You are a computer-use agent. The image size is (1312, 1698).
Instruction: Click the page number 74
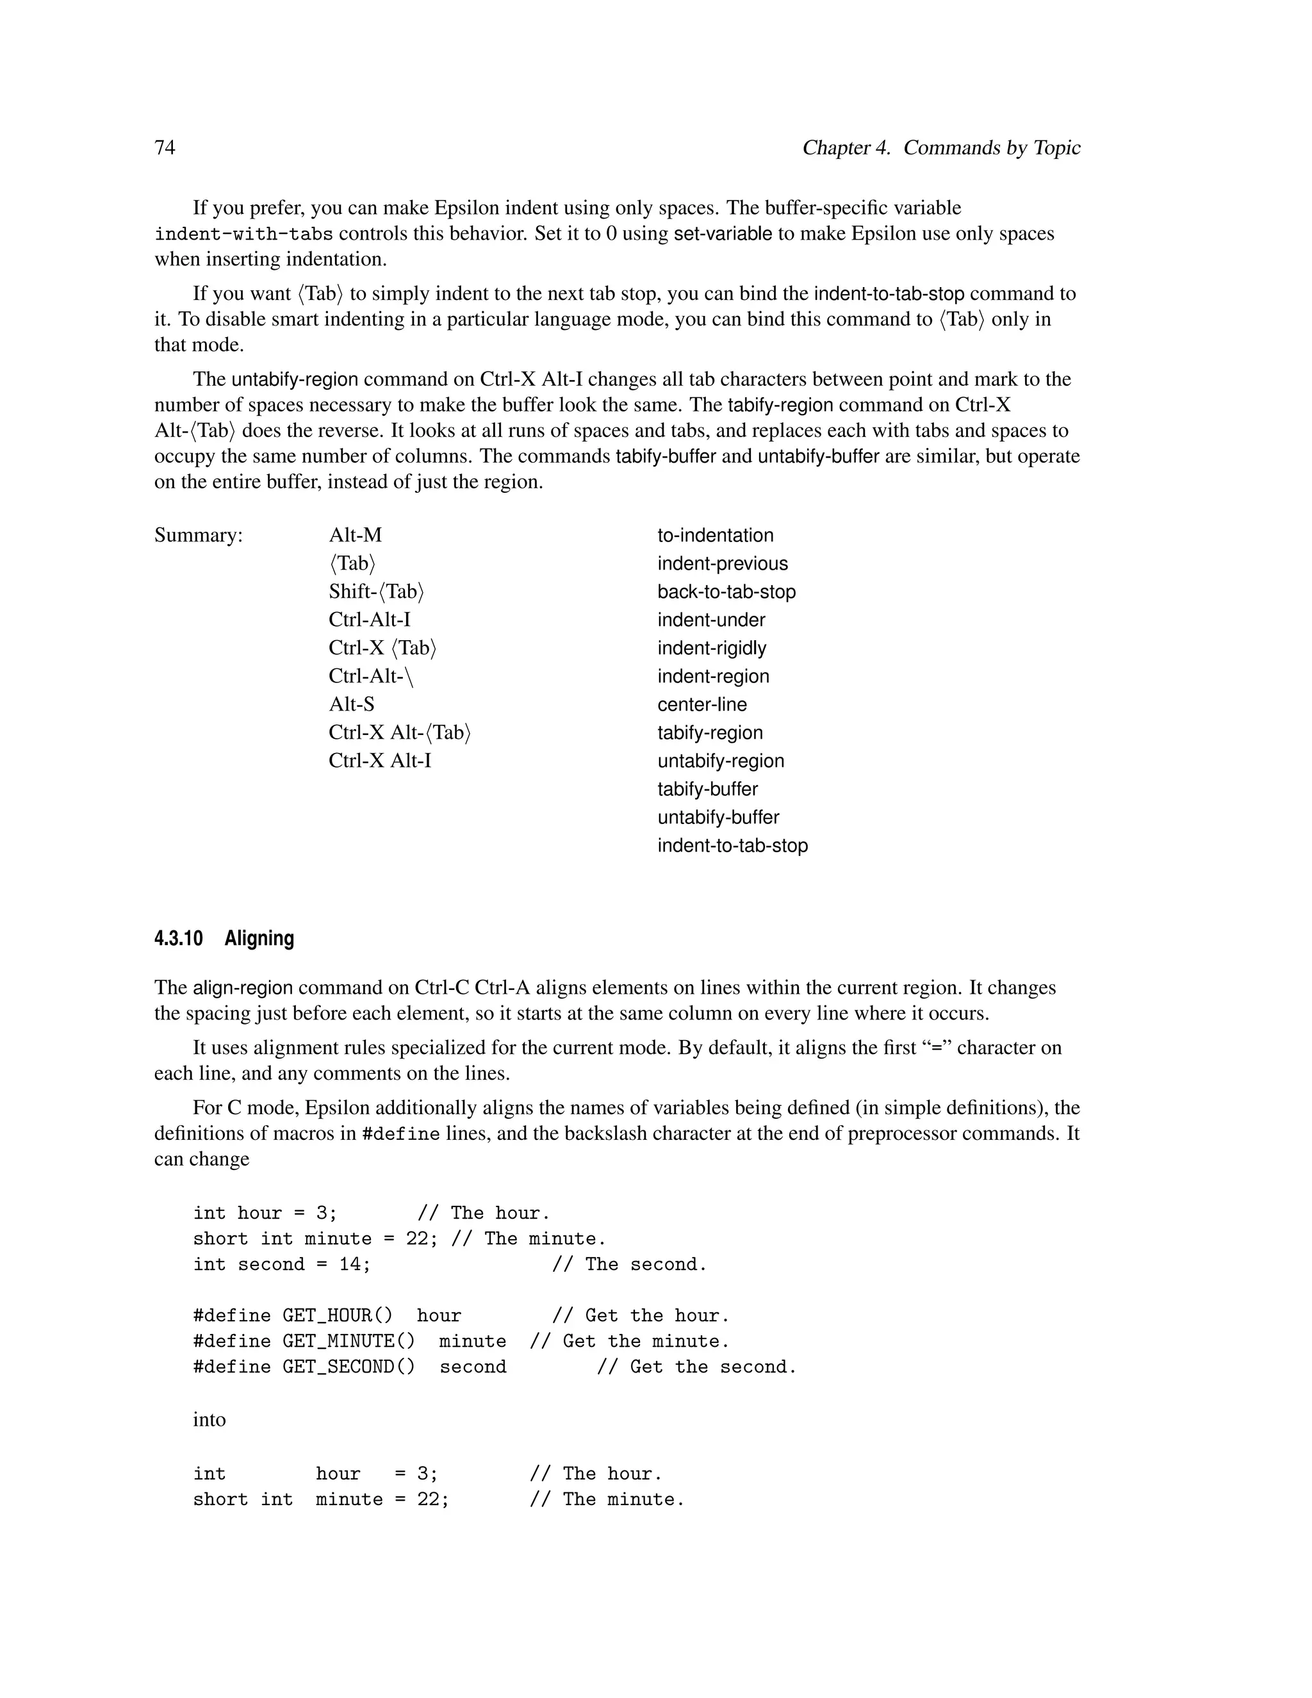(165, 148)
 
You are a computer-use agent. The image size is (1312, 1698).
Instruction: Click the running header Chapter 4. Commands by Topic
(940, 148)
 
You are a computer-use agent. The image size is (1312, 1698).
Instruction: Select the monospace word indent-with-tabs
(243, 234)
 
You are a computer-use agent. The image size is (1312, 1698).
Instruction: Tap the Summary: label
(198, 535)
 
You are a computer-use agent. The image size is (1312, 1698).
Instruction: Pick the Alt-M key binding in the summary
(355, 535)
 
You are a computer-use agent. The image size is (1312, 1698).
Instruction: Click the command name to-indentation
(715, 536)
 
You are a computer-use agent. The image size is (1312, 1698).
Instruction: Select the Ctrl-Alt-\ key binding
(371, 677)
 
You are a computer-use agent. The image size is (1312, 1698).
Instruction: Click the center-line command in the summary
(702, 704)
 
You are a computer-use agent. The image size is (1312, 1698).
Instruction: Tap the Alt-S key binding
(351, 704)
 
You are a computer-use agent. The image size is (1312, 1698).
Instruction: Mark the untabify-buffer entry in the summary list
(718, 817)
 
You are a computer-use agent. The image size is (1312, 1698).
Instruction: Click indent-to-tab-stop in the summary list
(732, 845)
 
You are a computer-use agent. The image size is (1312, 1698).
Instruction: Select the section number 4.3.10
(178, 939)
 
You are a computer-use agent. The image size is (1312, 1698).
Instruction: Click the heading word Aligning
(259, 939)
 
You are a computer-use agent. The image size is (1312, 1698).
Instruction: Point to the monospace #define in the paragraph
(400, 1134)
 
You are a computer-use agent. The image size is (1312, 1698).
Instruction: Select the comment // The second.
(630, 1264)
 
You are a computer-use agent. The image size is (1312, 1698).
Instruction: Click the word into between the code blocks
(209, 1420)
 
